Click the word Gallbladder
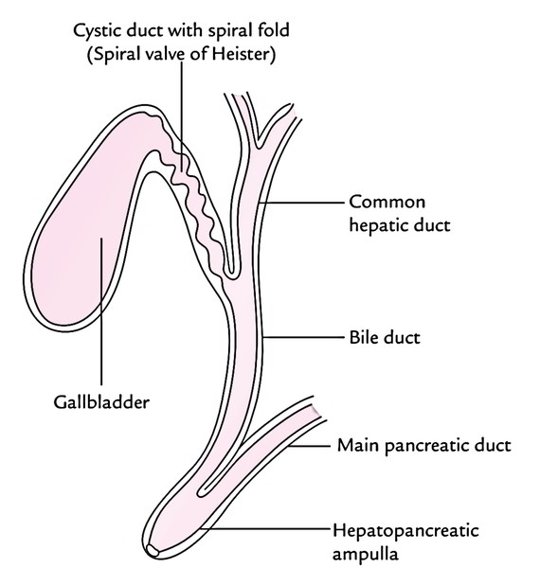pos(101,402)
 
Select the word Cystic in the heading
pos(97,30)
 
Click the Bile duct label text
pos(385,337)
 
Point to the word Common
pos(387,203)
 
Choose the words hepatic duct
pos(400,225)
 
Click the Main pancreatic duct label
pos(424,445)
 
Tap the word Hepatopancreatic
pos(405,531)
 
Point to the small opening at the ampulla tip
pos(153,551)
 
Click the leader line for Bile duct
pos(303,337)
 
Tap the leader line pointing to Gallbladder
pos(101,311)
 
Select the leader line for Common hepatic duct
pos(302,203)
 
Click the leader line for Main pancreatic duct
pos(309,446)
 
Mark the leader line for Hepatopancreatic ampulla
pos(264,529)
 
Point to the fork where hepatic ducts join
pos(259,147)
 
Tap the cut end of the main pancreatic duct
pos(316,410)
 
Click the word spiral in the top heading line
pos(228,30)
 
